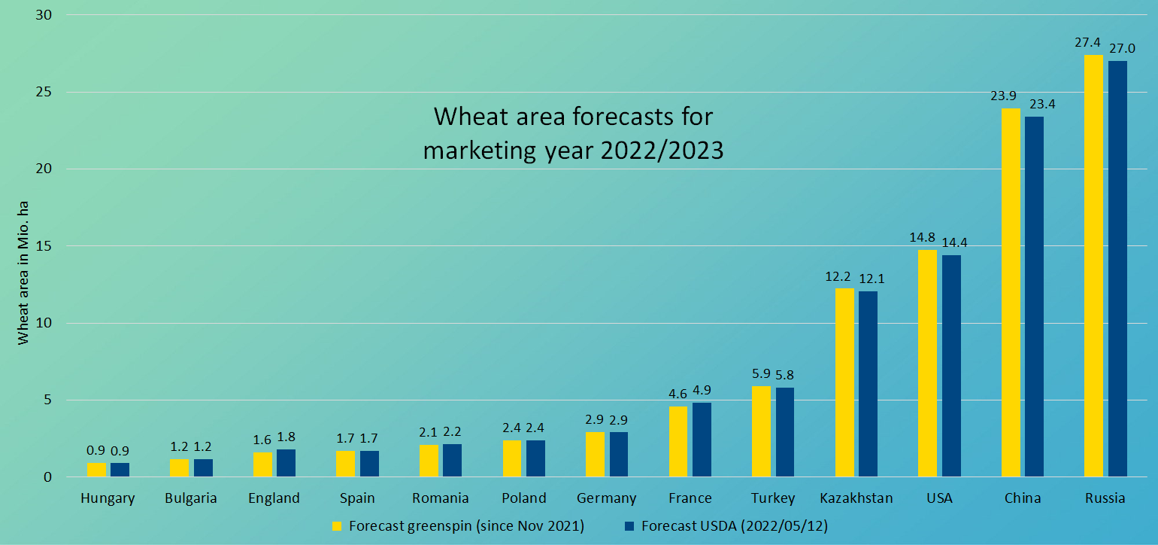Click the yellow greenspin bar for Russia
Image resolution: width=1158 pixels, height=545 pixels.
[x=1093, y=266]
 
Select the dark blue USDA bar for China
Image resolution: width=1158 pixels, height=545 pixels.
[x=1034, y=297]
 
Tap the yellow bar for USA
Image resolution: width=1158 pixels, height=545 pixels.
[x=927, y=364]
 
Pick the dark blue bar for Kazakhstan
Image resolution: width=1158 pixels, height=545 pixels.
[x=868, y=384]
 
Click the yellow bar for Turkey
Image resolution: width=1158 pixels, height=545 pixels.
[x=761, y=432]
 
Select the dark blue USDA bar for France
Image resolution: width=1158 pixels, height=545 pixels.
[x=702, y=440]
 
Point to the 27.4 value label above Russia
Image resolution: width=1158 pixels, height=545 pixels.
[x=1087, y=43]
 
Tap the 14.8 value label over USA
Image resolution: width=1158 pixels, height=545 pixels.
[x=922, y=238]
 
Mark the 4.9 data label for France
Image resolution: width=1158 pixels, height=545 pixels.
[x=702, y=391]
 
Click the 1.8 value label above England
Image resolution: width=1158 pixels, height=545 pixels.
[x=286, y=437]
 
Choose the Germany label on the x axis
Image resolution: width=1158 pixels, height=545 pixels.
[x=606, y=498]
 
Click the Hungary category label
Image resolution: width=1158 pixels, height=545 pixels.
[x=108, y=498]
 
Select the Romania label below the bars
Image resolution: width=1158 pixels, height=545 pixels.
[x=440, y=498]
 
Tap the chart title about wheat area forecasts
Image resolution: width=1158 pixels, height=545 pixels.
[x=573, y=133]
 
